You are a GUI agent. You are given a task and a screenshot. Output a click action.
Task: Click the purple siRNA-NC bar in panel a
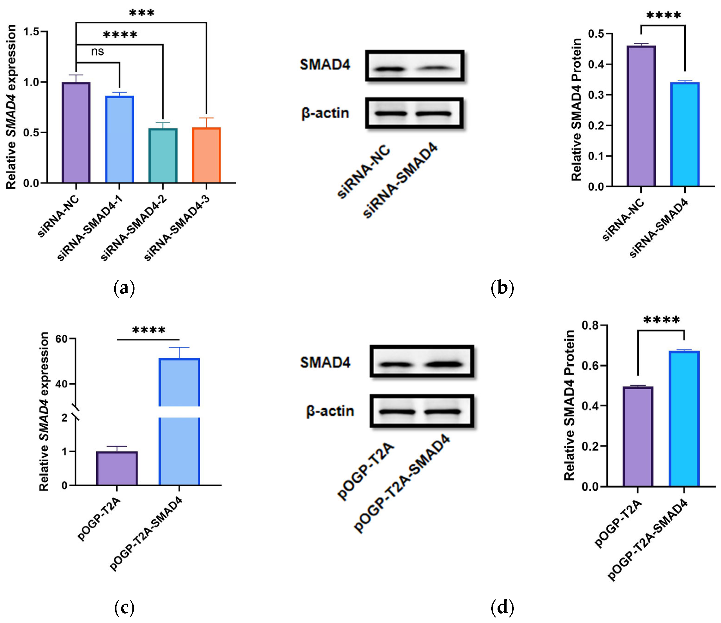pos(76,132)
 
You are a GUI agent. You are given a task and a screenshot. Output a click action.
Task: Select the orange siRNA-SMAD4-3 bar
pos(206,155)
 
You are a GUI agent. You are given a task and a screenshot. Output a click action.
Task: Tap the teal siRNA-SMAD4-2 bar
pos(163,156)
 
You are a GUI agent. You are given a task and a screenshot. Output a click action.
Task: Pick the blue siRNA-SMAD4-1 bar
pos(119,139)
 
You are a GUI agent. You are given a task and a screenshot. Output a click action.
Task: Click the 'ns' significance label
pos(98,52)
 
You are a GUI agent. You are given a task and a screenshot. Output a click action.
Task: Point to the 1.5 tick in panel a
pos(31,32)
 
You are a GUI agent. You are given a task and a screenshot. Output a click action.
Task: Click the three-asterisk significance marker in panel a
pos(142,13)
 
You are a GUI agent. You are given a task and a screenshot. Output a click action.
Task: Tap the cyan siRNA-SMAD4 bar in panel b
pos(685,134)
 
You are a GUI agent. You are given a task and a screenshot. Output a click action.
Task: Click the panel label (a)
pos(124,288)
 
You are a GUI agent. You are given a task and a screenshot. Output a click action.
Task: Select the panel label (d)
pos(502,607)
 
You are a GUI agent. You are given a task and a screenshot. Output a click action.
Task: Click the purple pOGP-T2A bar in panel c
pos(117,468)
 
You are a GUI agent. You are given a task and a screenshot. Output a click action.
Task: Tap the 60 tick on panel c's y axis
pos(61,339)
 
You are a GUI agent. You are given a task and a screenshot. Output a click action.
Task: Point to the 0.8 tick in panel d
pos(590,325)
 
